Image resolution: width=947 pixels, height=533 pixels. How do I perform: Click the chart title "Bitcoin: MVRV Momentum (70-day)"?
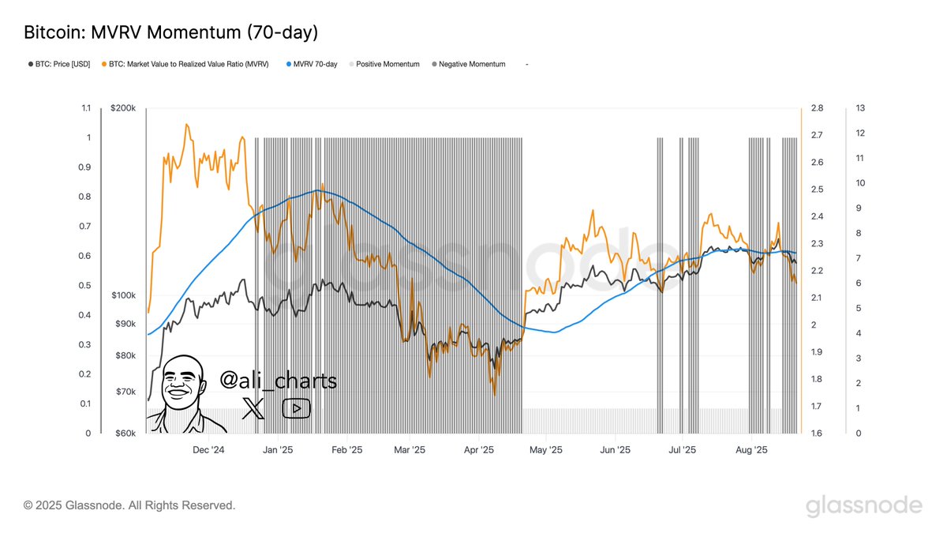pyautogui.click(x=170, y=33)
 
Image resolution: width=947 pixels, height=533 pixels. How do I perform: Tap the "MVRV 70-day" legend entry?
pyautogui.click(x=315, y=64)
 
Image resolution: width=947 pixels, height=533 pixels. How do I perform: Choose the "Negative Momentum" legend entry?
pyautogui.click(x=471, y=64)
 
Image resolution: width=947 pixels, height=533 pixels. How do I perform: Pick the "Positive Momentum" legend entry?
pyautogui.click(x=387, y=64)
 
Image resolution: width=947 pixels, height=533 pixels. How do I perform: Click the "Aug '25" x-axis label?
pyautogui.click(x=751, y=450)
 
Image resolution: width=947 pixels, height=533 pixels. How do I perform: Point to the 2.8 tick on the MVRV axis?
pyautogui.click(x=817, y=108)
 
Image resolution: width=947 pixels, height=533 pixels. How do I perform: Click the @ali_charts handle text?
pyautogui.click(x=279, y=381)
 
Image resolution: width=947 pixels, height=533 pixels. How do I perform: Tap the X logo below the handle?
pyautogui.click(x=253, y=407)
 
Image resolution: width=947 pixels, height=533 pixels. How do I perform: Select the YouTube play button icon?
pyautogui.click(x=296, y=407)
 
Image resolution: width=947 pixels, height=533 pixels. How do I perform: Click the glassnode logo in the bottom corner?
pyautogui.click(x=863, y=505)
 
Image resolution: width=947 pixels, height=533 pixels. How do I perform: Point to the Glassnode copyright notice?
pyautogui.click(x=129, y=505)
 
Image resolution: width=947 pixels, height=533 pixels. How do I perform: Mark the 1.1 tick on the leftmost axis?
pyautogui.click(x=86, y=108)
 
